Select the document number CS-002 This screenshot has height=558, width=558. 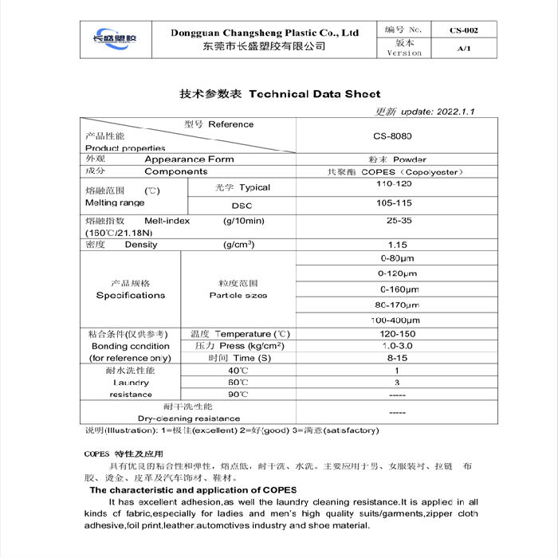coord(464,30)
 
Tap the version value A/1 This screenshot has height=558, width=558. coord(464,48)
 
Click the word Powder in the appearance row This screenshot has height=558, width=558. coord(410,159)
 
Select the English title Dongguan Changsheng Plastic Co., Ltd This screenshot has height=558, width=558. coord(265,33)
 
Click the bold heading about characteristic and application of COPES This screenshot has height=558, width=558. coord(193,489)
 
